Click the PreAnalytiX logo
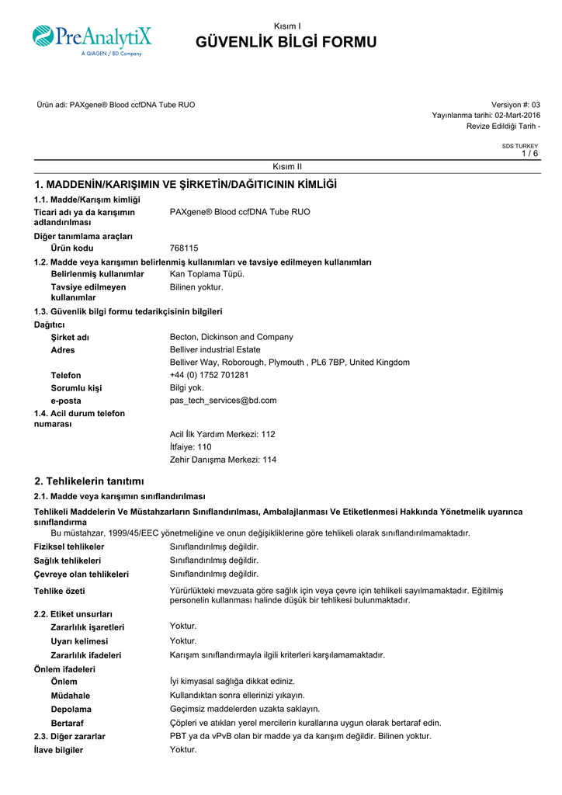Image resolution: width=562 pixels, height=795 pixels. point(92,40)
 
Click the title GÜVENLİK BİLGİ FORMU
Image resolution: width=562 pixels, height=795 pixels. point(287,42)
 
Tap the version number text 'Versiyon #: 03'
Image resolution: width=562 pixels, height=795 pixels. point(515,105)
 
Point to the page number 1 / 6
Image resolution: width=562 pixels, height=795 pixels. point(529,154)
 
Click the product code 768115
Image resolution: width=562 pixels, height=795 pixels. point(184,248)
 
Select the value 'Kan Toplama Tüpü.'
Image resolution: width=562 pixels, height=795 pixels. point(207,274)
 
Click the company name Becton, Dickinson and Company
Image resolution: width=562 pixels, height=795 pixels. point(231,337)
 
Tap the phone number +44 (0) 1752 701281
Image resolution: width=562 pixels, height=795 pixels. point(209,375)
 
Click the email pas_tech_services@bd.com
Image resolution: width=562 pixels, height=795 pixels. point(223,401)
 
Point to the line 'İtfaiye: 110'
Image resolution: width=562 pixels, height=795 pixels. point(190,447)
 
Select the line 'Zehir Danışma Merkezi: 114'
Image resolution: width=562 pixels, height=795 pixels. point(223,460)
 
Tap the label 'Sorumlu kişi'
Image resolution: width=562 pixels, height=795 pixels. point(76,388)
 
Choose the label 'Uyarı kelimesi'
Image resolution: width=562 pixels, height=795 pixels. point(79,641)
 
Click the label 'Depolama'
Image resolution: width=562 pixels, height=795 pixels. point(71,709)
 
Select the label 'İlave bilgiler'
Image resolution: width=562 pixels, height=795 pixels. point(58,750)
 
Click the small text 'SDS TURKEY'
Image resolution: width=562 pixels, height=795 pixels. point(519,146)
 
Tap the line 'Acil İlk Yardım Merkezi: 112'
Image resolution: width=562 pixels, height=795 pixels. point(222,434)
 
